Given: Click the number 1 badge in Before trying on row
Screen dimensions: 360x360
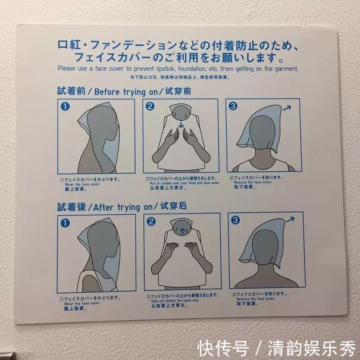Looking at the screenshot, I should (65, 107).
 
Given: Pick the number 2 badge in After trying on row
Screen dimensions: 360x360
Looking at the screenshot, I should (151, 221).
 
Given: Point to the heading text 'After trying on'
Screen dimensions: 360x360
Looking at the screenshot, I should (126, 206).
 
